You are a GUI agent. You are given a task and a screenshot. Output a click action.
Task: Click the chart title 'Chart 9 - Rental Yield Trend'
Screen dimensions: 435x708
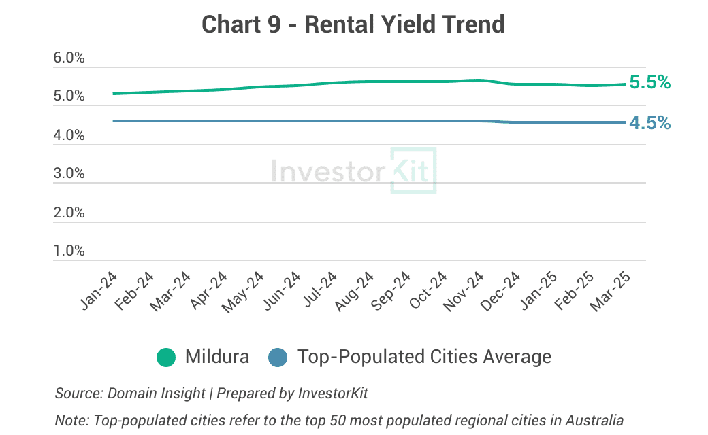(x=353, y=24)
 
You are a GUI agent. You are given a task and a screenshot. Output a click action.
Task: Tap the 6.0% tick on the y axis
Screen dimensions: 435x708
(x=69, y=58)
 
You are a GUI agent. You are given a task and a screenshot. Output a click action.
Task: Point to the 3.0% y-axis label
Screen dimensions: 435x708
(x=69, y=173)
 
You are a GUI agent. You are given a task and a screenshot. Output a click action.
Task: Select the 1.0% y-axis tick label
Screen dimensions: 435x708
(x=69, y=251)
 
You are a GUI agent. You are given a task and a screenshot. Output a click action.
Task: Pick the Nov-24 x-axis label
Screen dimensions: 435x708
(x=464, y=293)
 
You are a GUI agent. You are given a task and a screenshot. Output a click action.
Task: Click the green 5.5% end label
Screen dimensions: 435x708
(x=649, y=83)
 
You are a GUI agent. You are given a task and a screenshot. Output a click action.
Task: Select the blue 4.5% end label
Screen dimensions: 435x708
(x=649, y=123)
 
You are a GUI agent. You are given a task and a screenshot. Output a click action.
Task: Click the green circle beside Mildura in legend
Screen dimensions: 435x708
(x=166, y=357)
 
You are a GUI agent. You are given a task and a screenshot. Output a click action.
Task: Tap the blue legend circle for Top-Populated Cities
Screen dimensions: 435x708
(x=279, y=357)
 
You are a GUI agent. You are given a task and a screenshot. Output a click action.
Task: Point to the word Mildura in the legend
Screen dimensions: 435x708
(x=216, y=357)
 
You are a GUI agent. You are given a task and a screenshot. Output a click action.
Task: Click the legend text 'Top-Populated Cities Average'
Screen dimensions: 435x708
(x=424, y=357)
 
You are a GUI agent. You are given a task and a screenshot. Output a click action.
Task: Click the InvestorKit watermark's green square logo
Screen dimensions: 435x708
(x=413, y=171)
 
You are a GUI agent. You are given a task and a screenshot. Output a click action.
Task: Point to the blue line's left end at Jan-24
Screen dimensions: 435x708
(x=114, y=121)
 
